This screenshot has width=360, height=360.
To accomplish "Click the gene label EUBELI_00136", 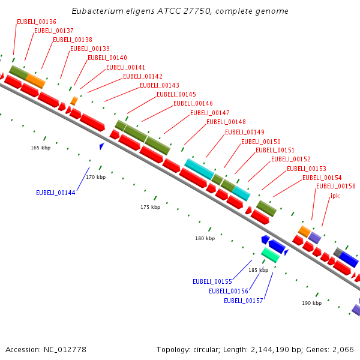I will (37, 22).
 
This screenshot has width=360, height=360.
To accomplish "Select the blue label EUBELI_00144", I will (56, 193).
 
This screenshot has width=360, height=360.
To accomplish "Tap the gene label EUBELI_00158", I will (336, 186).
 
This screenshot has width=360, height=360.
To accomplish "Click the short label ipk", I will (335, 196).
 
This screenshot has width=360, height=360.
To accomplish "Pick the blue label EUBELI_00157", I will (244, 301).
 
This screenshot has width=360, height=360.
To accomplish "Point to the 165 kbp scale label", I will (40, 147).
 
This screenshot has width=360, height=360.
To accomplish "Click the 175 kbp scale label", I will (151, 207).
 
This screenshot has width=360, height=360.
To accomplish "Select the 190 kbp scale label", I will (311, 303).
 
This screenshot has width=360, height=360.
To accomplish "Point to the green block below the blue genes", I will (271, 255).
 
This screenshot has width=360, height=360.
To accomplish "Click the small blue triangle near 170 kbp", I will (102, 146).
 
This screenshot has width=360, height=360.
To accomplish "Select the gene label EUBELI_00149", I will (245, 132).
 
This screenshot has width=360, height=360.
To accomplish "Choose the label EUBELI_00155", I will (212, 281).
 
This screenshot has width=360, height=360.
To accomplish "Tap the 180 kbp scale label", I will (205, 238).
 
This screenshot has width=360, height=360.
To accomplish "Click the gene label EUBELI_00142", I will (143, 76).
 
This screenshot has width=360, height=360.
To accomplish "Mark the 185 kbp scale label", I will (258, 270).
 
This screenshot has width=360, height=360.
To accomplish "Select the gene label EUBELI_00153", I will (307, 169).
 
